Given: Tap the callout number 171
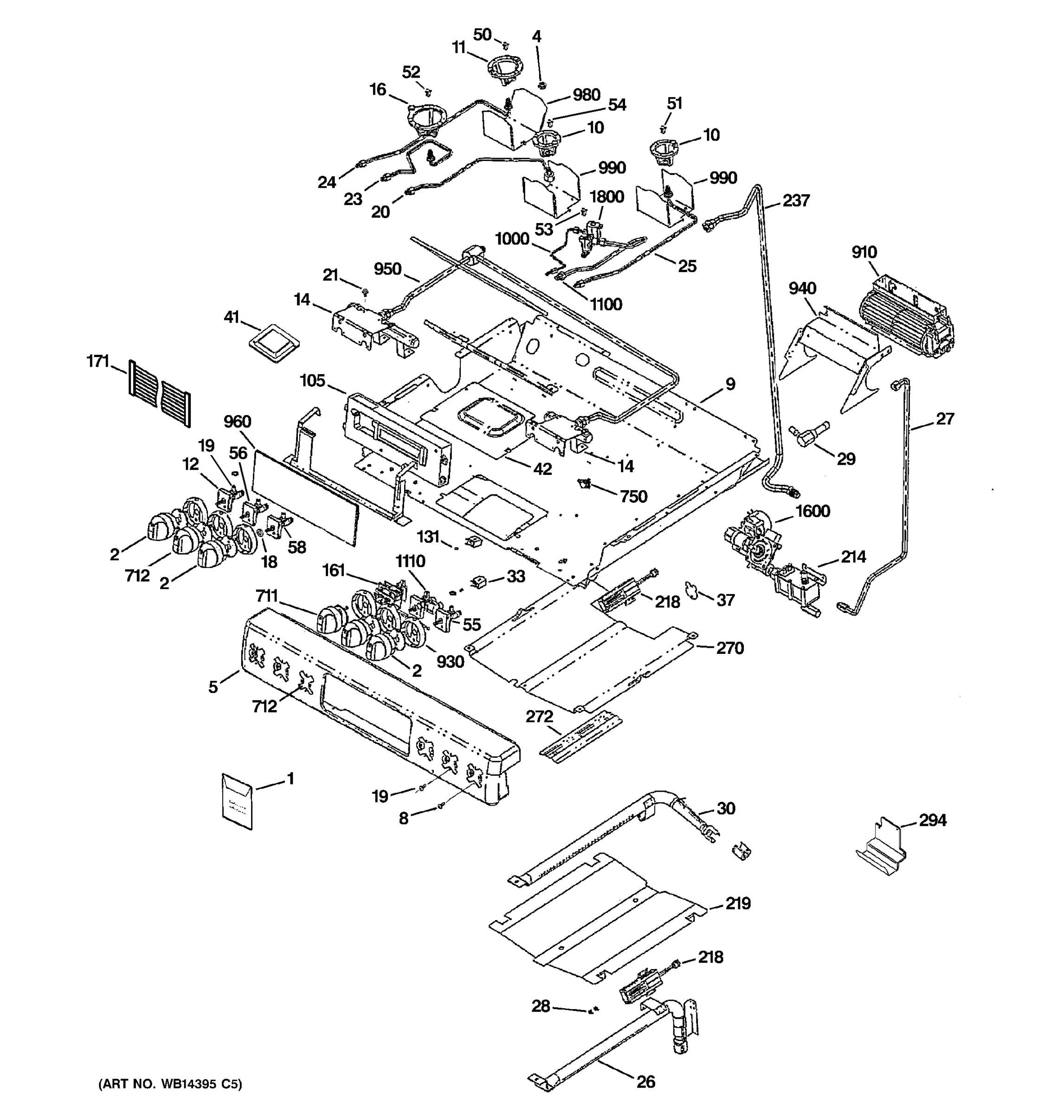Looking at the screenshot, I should coord(97,361).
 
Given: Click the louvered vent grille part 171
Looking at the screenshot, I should coord(159,393).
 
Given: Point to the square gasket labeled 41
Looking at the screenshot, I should coord(274,341).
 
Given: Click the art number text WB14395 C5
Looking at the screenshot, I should coord(170,1083).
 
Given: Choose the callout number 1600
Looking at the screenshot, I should coord(812,511).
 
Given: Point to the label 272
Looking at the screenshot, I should coord(539,716).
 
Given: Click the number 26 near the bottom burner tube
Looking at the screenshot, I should coord(645,1081).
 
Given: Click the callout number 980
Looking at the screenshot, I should coord(586,95).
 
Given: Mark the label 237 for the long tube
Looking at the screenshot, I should coord(796,200).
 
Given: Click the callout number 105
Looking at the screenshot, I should coord(312,381).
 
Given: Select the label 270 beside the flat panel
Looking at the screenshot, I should coord(730,648).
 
